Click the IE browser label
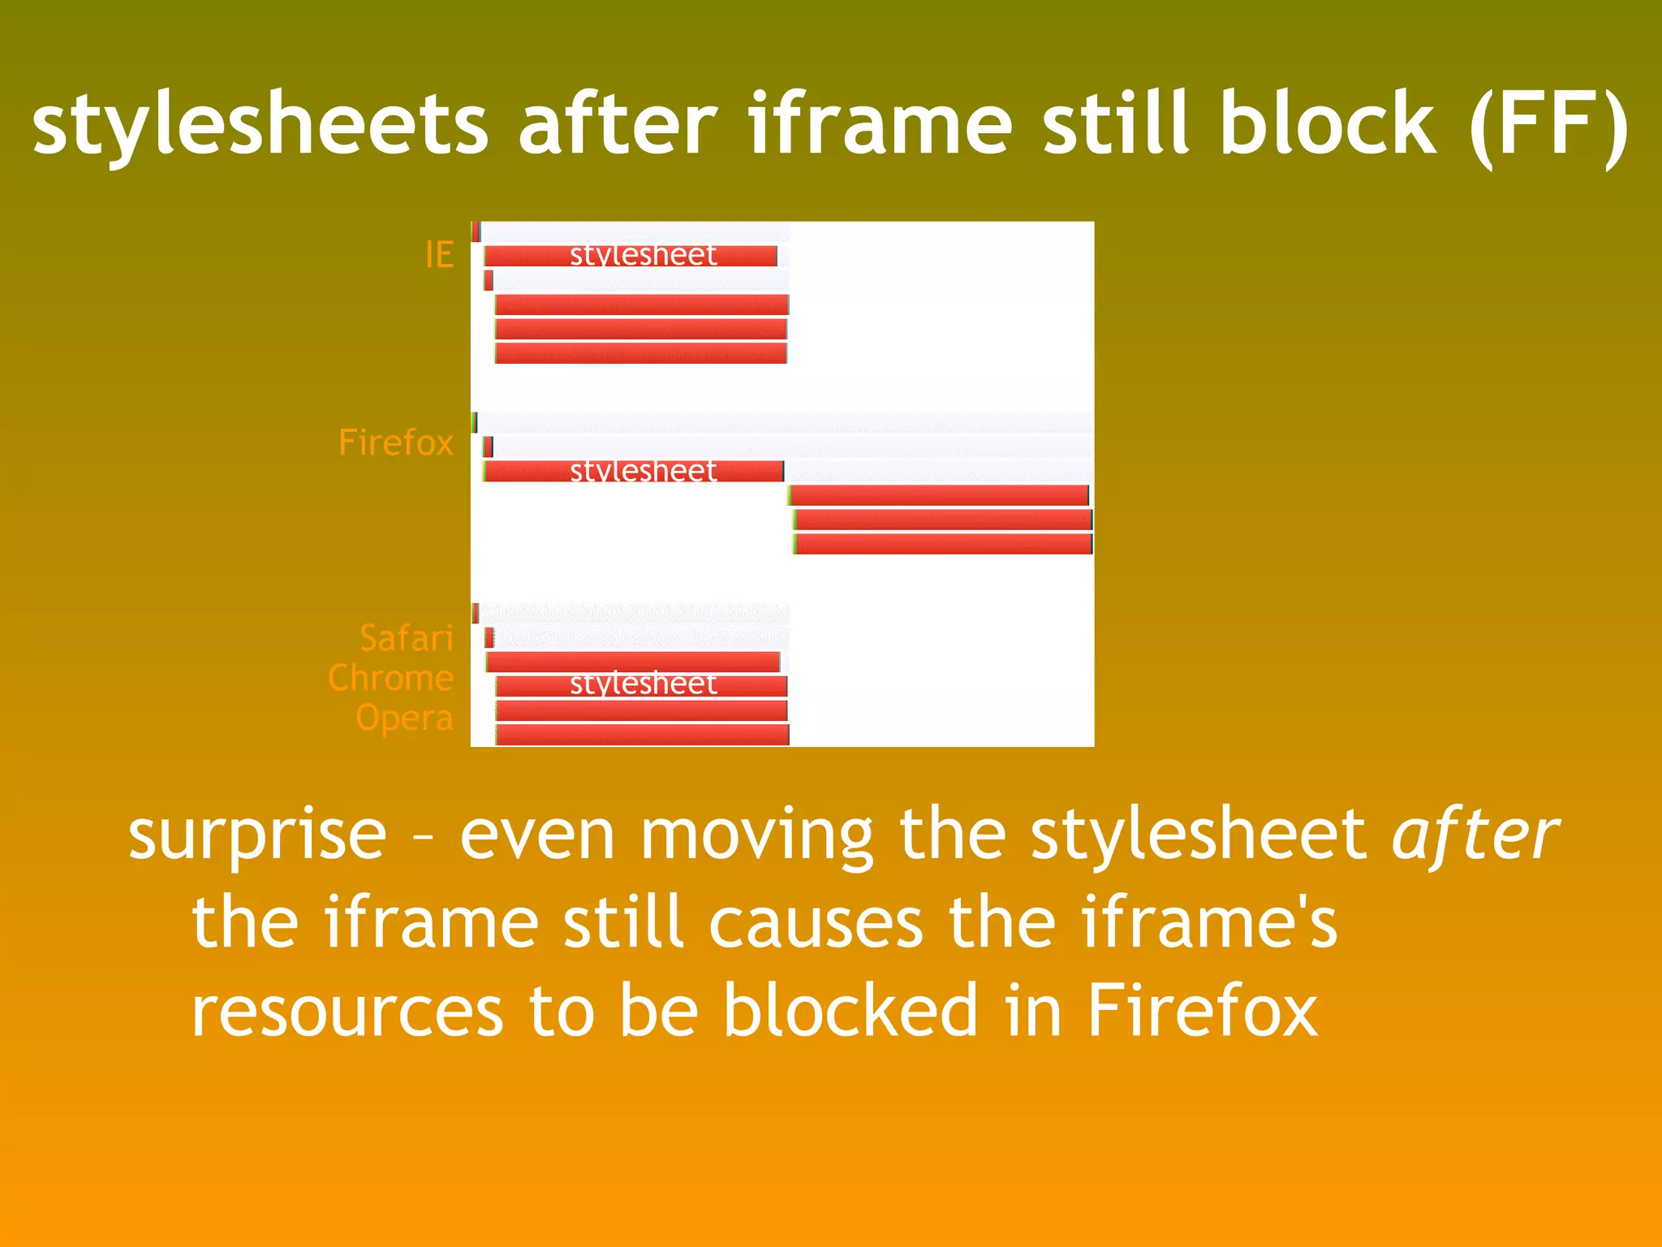(439, 255)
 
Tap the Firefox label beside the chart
(395, 442)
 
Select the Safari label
(406, 638)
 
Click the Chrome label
(390, 678)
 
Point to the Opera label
(404, 718)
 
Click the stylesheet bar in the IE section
(631, 256)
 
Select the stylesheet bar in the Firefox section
(633, 471)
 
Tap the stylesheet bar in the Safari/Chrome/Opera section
(641, 686)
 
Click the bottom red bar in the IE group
(641, 353)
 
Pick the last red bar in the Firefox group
(944, 544)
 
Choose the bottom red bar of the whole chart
(642, 735)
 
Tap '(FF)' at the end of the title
(1548, 123)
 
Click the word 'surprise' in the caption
(257, 835)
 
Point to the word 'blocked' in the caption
(850, 1010)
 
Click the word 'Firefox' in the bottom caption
(1202, 1010)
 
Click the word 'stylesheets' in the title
(260, 123)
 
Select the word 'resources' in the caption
(347, 1012)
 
